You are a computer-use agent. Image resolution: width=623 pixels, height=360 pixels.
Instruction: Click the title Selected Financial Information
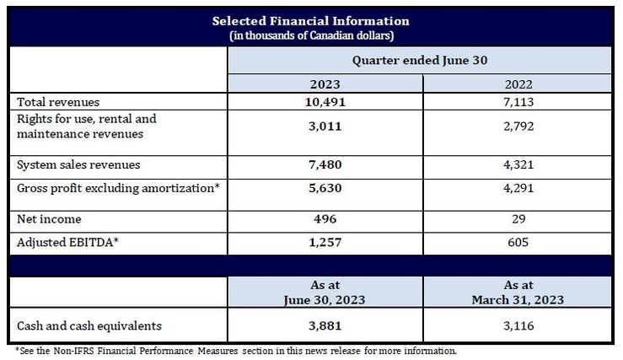click(x=310, y=20)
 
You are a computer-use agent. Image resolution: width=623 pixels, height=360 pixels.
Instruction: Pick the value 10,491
click(x=324, y=101)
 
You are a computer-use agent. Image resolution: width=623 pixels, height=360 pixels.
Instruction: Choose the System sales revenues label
click(x=78, y=164)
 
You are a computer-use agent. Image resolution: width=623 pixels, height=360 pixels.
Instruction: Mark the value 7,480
click(x=324, y=164)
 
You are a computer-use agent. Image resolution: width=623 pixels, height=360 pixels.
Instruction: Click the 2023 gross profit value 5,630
click(x=324, y=189)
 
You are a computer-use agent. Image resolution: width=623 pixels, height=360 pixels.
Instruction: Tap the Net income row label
click(x=49, y=219)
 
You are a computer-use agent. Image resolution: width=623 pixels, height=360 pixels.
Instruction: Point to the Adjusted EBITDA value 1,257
click(x=324, y=243)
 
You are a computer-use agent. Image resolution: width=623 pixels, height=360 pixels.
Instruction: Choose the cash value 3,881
click(x=324, y=325)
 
